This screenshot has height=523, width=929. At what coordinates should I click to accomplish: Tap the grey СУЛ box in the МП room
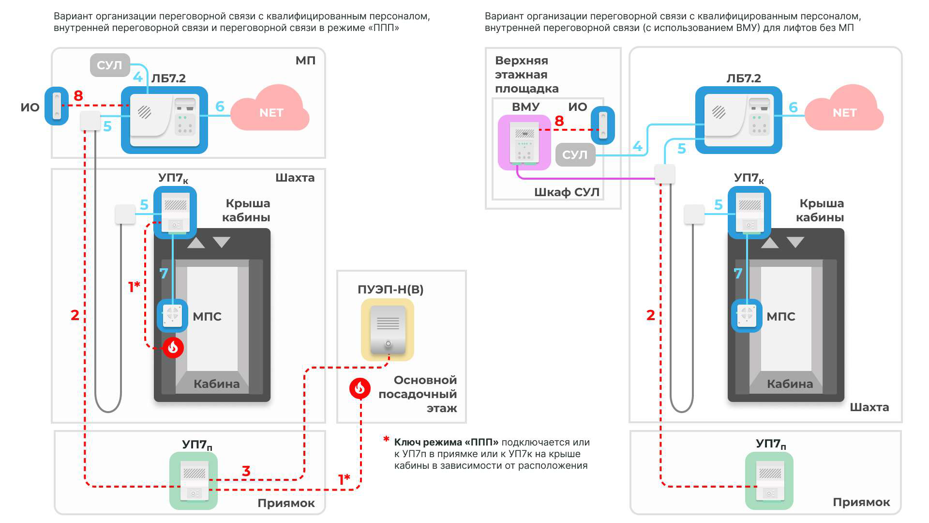click(x=110, y=65)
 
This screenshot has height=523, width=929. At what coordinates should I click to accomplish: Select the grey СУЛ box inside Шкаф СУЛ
click(x=575, y=154)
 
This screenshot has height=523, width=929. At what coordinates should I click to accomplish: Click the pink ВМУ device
click(x=524, y=142)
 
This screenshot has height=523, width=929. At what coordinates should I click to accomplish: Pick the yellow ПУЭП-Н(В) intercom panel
click(x=388, y=329)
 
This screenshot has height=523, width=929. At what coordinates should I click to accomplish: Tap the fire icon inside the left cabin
click(x=173, y=347)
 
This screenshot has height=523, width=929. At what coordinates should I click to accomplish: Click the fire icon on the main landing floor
click(x=360, y=388)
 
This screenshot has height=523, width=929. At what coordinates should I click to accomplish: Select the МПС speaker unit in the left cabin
click(x=173, y=315)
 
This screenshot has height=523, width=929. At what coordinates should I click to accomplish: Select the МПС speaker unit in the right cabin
click(x=747, y=315)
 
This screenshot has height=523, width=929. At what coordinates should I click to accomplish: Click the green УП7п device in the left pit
click(x=194, y=480)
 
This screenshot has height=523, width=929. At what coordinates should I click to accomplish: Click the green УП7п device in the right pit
click(x=769, y=480)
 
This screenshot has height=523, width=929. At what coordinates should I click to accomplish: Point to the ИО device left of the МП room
click(x=57, y=106)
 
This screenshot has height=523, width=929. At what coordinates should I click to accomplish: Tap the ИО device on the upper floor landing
click(x=603, y=125)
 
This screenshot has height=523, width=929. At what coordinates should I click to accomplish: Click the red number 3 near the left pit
click(x=246, y=471)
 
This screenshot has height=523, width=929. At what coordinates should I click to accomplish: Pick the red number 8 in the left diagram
click(x=78, y=96)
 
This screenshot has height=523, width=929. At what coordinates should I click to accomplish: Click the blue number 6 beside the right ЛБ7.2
click(x=793, y=107)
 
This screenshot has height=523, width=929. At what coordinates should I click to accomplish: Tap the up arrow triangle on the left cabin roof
click(x=196, y=243)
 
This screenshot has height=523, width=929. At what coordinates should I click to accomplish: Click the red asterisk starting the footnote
click(x=386, y=439)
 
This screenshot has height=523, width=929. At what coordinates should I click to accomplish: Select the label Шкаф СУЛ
click(x=567, y=192)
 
